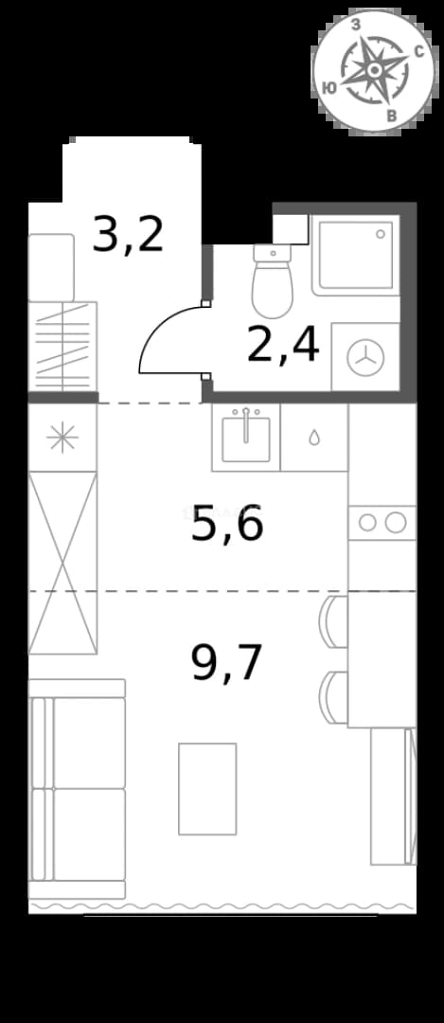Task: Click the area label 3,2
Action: (x=128, y=236)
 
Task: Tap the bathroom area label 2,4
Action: (x=283, y=345)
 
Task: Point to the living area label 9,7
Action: (x=227, y=663)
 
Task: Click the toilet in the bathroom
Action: (x=272, y=281)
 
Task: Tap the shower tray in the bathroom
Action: (x=355, y=255)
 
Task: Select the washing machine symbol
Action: (x=365, y=358)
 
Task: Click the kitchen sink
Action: (x=246, y=437)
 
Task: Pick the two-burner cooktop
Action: (x=382, y=523)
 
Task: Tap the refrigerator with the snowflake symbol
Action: (x=62, y=438)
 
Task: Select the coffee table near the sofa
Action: (x=207, y=789)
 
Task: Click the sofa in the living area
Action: (x=77, y=789)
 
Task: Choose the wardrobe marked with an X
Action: (x=62, y=563)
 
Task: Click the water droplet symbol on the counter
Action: (x=314, y=438)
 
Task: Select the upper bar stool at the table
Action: (x=334, y=621)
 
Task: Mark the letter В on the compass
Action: (x=393, y=116)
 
